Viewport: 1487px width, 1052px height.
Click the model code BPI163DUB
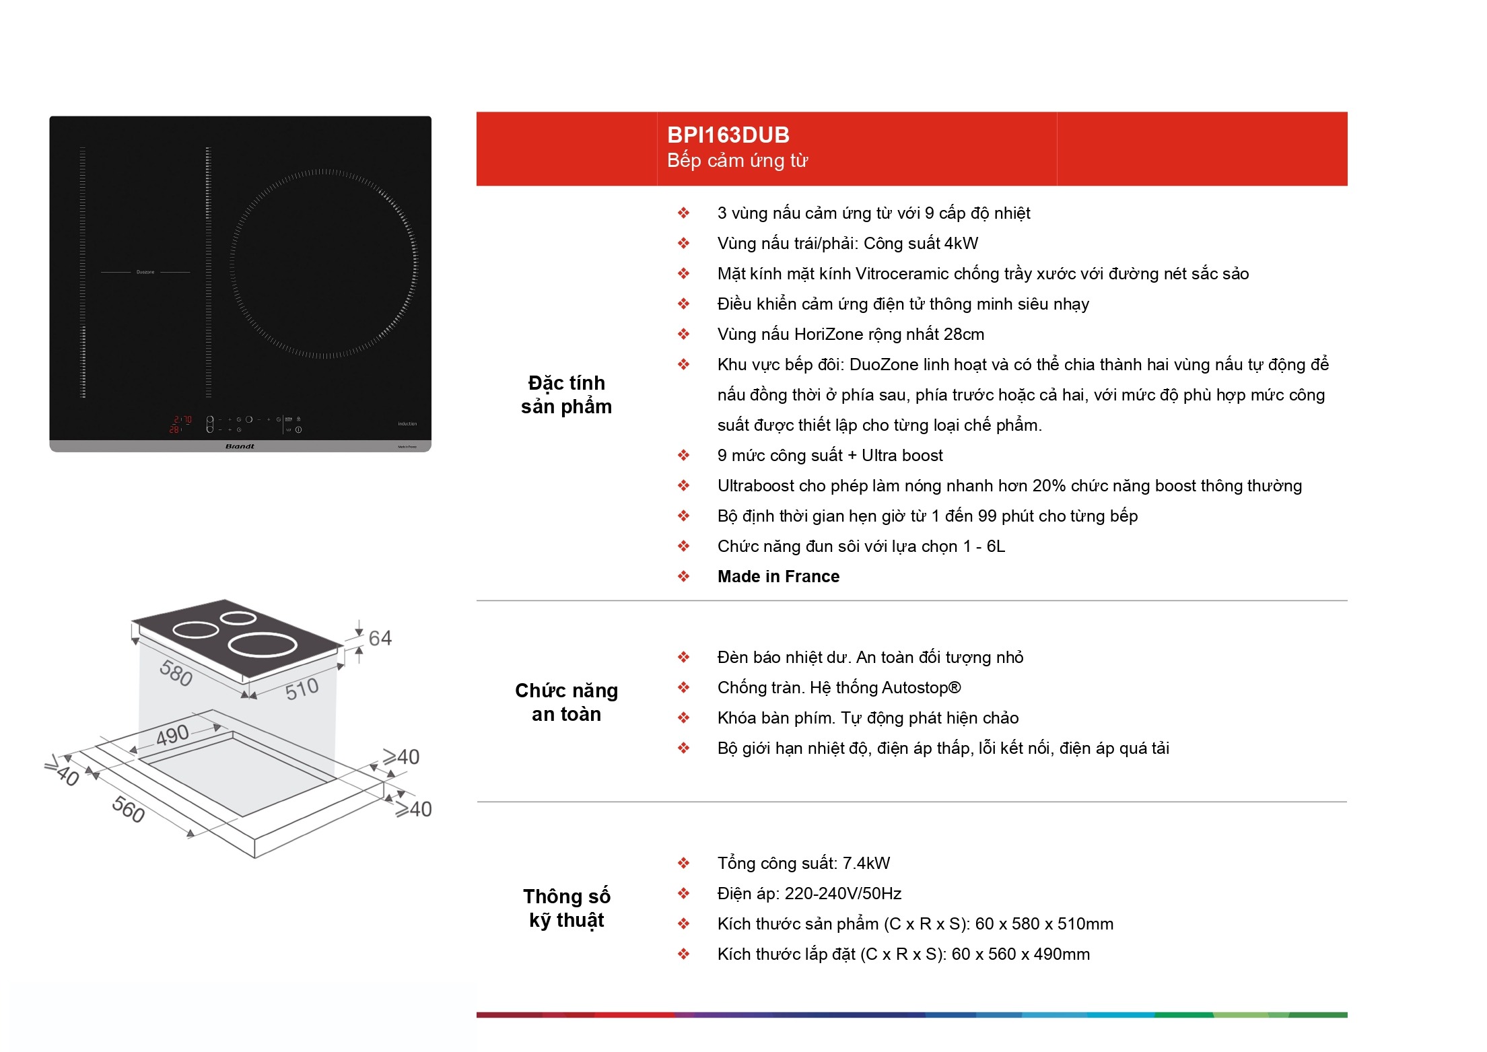coord(728,135)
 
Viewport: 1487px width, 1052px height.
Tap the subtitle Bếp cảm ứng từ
coord(737,161)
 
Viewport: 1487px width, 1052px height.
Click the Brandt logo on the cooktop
coord(240,446)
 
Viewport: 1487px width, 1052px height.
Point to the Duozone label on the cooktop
coord(145,272)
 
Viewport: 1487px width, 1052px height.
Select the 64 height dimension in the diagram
coord(380,638)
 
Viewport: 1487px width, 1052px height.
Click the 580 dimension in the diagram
coord(176,673)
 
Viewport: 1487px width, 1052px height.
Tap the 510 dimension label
coord(302,689)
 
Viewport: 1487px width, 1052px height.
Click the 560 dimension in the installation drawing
coord(128,809)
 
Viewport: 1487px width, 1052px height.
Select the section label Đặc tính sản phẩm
coord(566,395)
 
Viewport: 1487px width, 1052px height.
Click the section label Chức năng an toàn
coord(566,702)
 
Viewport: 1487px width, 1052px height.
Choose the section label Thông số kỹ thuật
coord(567,909)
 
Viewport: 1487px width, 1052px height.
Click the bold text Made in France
coord(778,577)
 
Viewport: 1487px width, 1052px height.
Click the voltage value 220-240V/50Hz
coord(843,894)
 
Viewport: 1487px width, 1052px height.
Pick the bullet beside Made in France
coord(683,577)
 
